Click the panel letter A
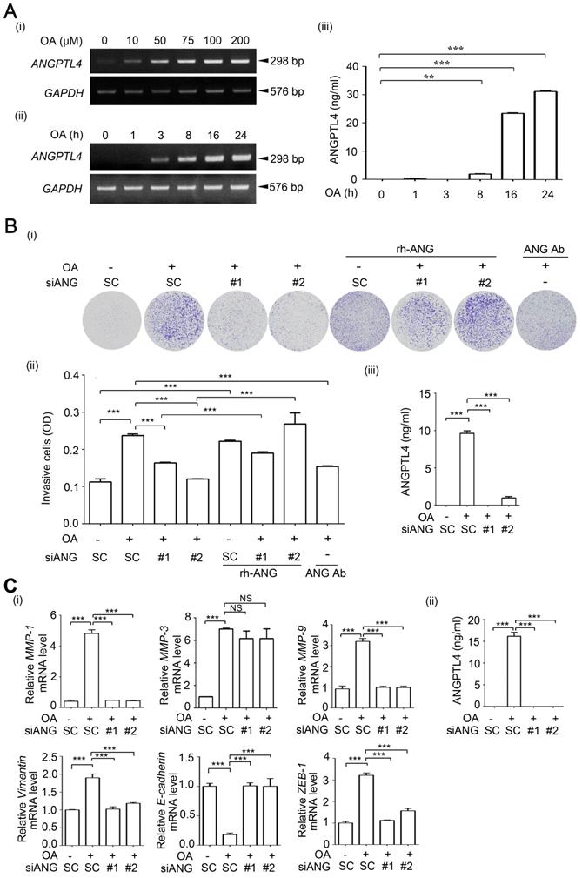[x=14, y=11]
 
